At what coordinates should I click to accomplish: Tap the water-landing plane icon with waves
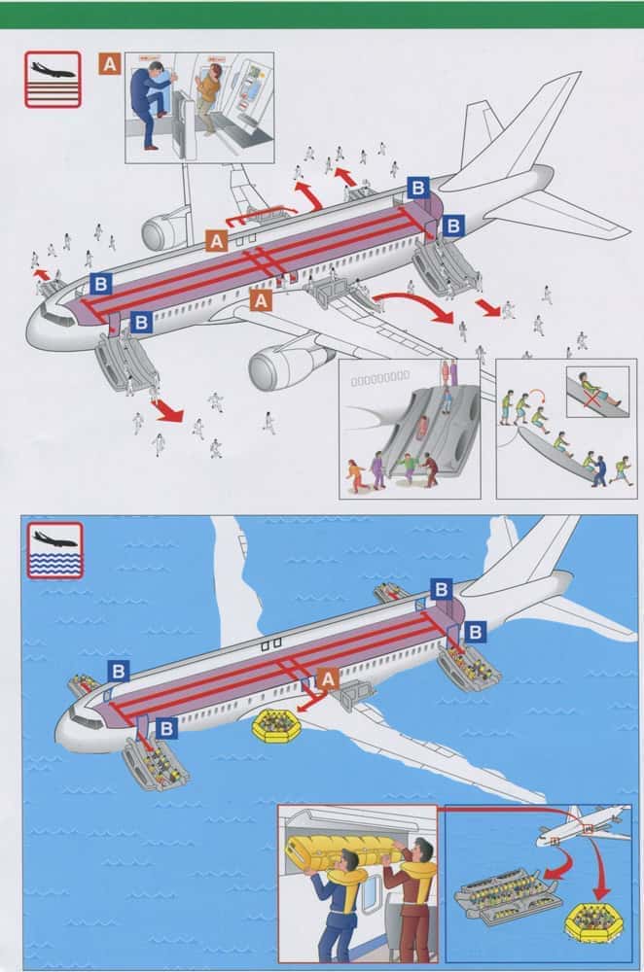[x=54, y=549]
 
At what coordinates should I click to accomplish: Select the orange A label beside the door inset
[x=111, y=64]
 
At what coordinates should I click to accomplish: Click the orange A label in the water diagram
[x=328, y=678]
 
